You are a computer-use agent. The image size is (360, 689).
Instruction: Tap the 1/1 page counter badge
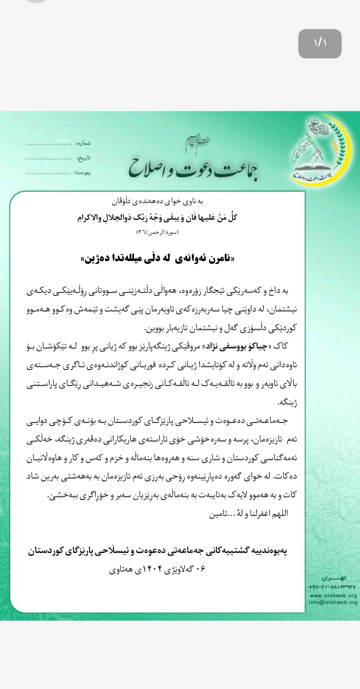click(320, 44)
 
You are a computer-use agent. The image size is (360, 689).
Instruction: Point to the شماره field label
click(83, 143)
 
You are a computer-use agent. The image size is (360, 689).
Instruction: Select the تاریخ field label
click(84, 158)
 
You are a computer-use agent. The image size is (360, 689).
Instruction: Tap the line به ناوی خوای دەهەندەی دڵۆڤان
click(157, 201)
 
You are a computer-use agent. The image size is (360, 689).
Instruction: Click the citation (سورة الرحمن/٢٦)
click(157, 232)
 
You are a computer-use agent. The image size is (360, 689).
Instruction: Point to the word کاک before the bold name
click(280, 347)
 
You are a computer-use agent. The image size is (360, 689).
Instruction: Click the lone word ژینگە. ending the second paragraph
click(287, 403)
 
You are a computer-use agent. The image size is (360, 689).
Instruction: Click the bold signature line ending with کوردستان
click(157, 551)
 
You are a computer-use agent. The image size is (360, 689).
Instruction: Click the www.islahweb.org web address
click(333, 596)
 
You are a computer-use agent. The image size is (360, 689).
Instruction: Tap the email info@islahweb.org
click(333, 602)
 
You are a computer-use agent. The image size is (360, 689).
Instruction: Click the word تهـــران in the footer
click(334, 578)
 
